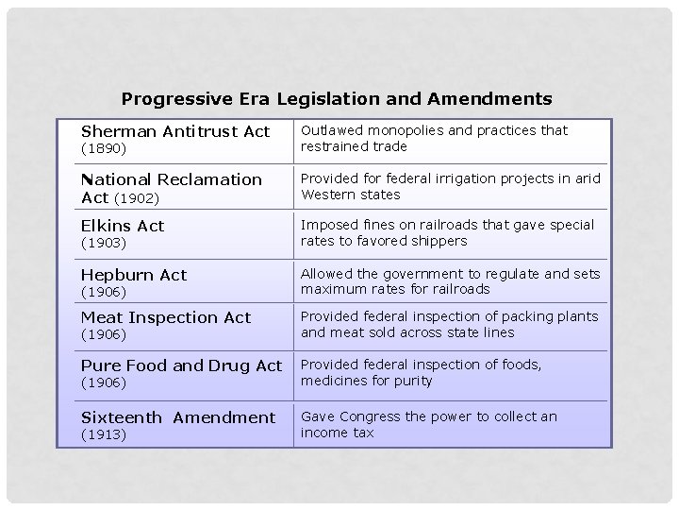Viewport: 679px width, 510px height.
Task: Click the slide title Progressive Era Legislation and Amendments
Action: [337, 98]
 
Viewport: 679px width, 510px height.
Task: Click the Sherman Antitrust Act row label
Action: [175, 131]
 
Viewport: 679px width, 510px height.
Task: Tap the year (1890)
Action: [104, 149]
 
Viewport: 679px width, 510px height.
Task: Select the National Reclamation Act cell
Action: [172, 187]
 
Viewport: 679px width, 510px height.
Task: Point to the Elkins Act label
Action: [123, 226]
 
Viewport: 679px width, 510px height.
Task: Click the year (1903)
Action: [104, 243]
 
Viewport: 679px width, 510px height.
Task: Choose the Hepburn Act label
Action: [134, 275]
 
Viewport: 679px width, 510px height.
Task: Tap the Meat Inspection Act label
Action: [166, 317]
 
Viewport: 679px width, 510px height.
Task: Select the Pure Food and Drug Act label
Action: [181, 365]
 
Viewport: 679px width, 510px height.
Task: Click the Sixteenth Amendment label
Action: [178, 417]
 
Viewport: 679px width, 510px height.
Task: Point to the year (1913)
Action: [104, 434]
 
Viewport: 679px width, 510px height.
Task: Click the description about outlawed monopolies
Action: [434, 138]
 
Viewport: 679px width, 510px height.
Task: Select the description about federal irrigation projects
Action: [450, 186]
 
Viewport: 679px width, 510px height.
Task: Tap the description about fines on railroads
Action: [447, 232]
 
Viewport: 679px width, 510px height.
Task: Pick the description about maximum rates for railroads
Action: [450, 280]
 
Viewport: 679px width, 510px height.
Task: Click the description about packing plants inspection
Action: [449, 324]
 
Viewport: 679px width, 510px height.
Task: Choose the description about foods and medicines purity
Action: [421, 372]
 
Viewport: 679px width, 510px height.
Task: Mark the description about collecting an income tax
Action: [428, 424]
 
